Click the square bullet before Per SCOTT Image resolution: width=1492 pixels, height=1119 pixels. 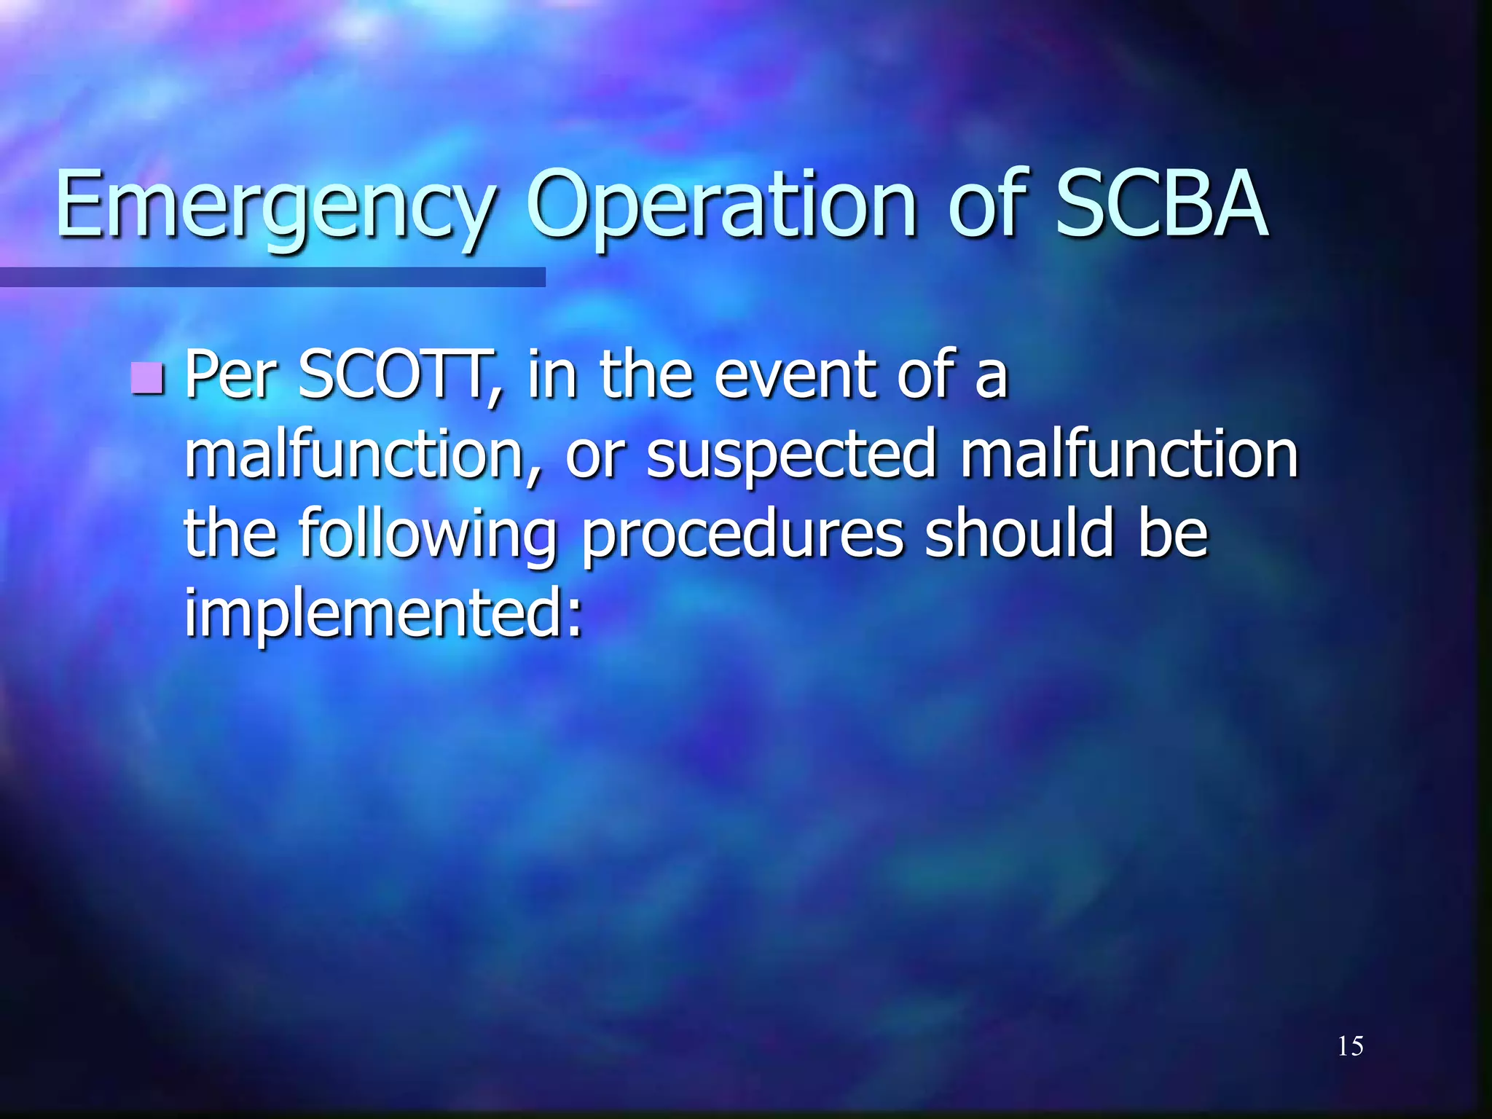pos(148,378)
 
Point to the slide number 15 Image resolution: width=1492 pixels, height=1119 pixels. pos(1350,1046)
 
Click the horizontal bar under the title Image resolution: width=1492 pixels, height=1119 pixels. pos(272,277)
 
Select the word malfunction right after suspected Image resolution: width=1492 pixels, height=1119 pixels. pos(1128,455)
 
